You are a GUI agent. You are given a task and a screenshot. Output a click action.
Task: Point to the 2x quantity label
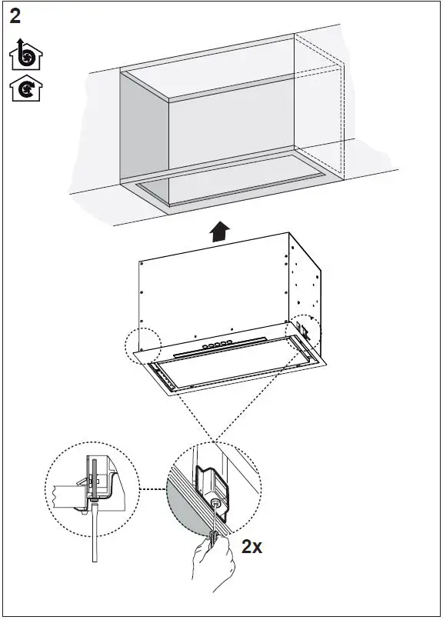[251, 547]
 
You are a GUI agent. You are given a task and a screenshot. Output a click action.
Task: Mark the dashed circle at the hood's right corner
[305, 337]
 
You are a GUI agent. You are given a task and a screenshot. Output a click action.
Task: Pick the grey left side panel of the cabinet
[145, 131]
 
